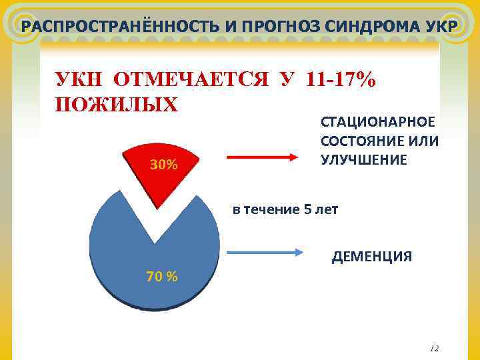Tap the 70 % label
(x=161, y=277)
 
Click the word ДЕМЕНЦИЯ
(x=372, y=257)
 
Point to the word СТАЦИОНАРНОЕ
(x=378, y=123)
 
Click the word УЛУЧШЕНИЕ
(x=363, y=160)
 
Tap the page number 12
(x=435, y=348)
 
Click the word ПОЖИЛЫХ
(x=117, y=106)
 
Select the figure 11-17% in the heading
(x=340, y=81)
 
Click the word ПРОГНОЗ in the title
(x=265, y=27)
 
